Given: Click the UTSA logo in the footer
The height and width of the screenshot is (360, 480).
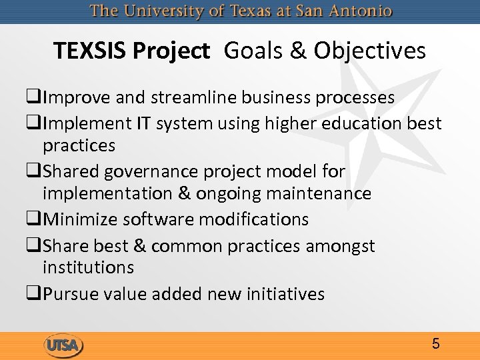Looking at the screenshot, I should pyautogui.click(x=63, y=345).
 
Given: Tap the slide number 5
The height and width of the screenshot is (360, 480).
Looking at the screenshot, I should pyautogui.click(x=435, y=344).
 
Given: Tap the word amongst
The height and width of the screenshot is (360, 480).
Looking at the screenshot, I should pyautogui.click(x=340, y=245).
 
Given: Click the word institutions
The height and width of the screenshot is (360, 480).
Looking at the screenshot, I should pyautogui.click(x=88, y=267).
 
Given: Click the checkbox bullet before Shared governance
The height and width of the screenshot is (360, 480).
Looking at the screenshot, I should pyautogui.click(x=35, y=172).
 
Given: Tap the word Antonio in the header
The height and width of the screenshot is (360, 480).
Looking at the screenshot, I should pyautogui.click(x=361, y=12).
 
